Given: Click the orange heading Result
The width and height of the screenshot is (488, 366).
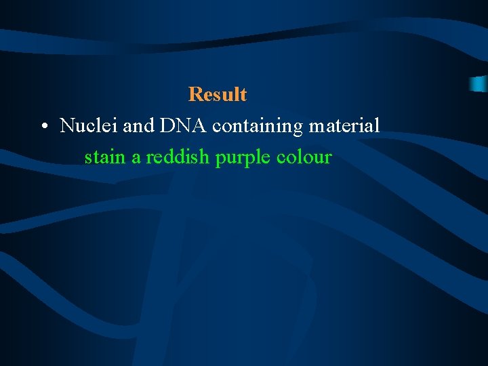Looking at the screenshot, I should [x=217, y=94].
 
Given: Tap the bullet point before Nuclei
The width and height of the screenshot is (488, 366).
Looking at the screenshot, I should [x=43, y=127].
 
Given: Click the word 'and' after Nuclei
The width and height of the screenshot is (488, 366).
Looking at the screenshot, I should [x=138, y=126].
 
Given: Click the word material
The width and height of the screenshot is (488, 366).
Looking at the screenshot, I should [x=344, y=126].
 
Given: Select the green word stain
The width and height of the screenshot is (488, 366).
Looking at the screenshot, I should [x=105, y=158].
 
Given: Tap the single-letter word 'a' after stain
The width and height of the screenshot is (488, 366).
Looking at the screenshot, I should [x=136, y=159].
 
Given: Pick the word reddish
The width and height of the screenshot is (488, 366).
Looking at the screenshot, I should [x=178, y=158].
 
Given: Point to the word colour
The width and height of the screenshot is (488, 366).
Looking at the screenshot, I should [x=304, y=158].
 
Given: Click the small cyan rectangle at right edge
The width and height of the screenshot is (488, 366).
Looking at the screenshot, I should [x=479, y=84].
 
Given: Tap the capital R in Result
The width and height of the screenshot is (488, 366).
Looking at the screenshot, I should [x=195, y=94].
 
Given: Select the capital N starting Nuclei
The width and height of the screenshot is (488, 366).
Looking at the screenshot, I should [x=67, y=126].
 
